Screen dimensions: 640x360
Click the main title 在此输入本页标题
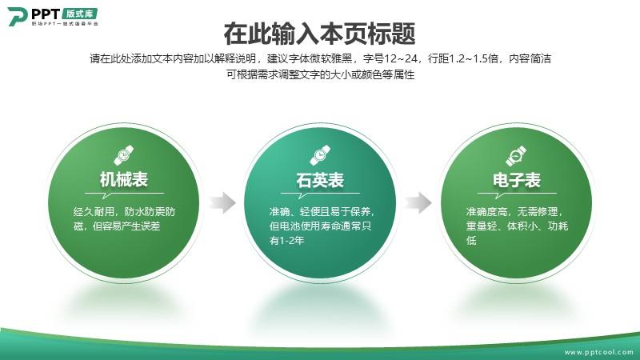pos(319,34)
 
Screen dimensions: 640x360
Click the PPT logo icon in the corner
pos(18,17)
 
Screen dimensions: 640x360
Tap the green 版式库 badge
pos(79,14)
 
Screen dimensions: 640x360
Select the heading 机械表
pos(124,179)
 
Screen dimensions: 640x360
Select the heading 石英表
pos(320,180)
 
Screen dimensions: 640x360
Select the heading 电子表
pos(517,180)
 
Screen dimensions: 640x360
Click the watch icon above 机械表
pos(124,155)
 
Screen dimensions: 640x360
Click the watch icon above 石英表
pos(320,155)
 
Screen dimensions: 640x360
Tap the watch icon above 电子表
pos(516,155)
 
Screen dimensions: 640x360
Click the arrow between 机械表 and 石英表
pos(222,202)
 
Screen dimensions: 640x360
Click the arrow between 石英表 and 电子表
pos(418,202)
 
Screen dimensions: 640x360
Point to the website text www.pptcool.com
pos(598,352)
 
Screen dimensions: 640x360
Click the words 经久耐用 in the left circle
pos(94,212)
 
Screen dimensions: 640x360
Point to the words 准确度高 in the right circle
pos(486,212)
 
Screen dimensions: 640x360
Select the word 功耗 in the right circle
pos(558,226)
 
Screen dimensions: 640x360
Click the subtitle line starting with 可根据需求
pos(321,74)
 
